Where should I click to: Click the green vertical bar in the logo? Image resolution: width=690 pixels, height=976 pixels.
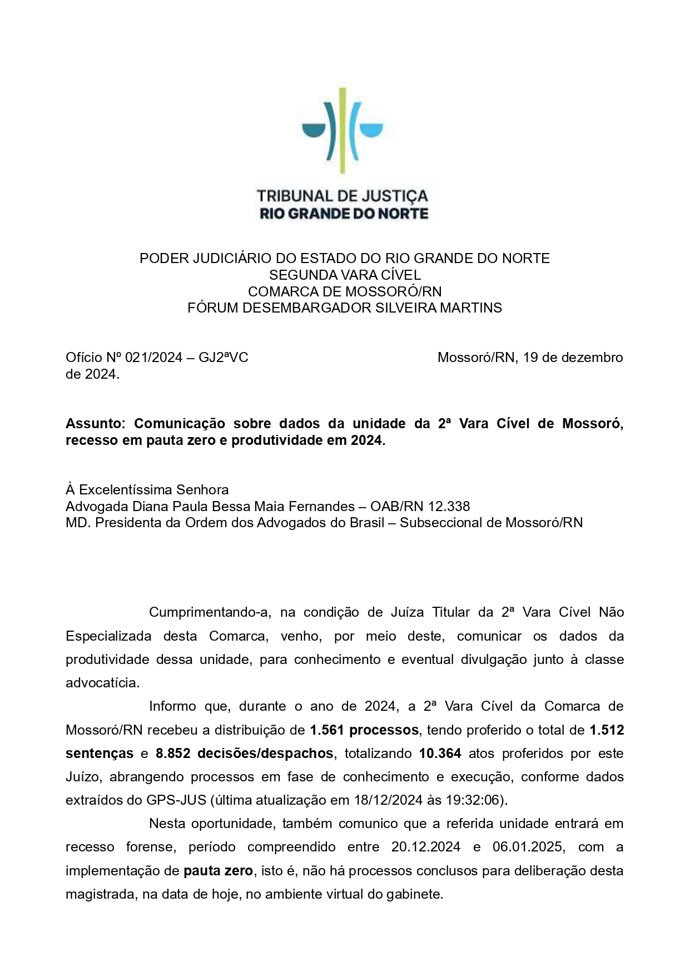coord(342,130)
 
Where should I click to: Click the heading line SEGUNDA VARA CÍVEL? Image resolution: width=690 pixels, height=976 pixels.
coord(345,275)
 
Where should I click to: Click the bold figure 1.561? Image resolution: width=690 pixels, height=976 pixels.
coord(328,730)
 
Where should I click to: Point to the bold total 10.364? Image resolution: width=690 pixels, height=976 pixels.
coord(440,753)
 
